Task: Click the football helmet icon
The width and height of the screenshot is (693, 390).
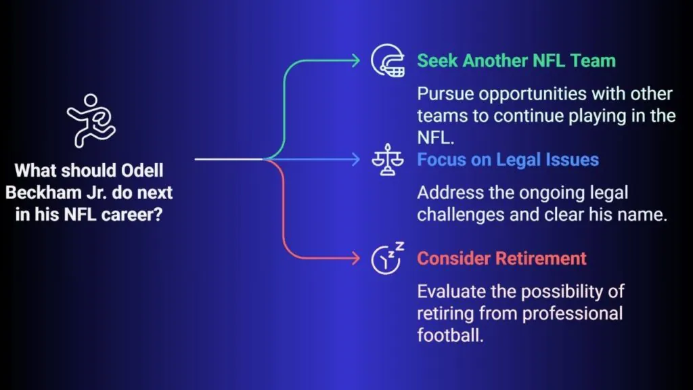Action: click(x=388, y=60)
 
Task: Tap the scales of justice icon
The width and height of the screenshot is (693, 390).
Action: click(x=388, y=160)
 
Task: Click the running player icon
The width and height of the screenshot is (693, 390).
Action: click(x=91, y=121)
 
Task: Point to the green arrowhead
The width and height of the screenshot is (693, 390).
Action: click(x=356, y=60)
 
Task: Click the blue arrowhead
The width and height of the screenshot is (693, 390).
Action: click(x=356, y=159)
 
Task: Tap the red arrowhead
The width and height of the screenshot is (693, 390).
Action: click(x=356, y=258)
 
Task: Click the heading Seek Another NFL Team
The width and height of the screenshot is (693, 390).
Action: click(x=516, y=60)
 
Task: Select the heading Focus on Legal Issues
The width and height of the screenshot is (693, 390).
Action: click(x=508, y=160)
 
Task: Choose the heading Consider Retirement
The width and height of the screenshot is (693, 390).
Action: click(x=501, y=258)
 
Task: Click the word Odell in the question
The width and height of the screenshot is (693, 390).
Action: click(x=142, y=170)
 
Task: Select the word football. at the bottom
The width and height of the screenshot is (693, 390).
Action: click(x=450, y=334)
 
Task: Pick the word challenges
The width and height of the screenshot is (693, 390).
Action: click(x=460, y=215)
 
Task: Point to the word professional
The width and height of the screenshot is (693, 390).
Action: click(x=573, y=313)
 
